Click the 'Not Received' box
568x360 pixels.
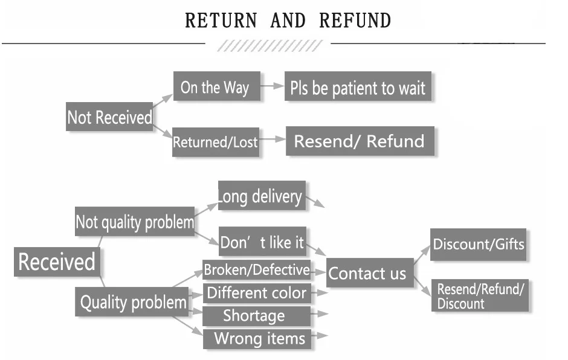pyautogui.click(x=109, y=117)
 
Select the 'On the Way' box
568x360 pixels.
pyautogui.click(x=216, y=86)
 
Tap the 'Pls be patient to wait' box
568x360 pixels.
pyautogui.click(x=358, y=86)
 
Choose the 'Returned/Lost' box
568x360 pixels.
pyautogui.click(x=216, y=142)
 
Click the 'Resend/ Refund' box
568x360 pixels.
pyautogui.click(x=360, y=141)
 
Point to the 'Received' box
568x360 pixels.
pyautogui.click(x=57, y=262)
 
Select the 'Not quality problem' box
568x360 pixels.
pyautogui.click(x=135, y=221)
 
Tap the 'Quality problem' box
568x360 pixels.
pyautogui.click(x=132, y=301)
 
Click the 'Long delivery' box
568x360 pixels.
pyautogui.click(x=262, y=196)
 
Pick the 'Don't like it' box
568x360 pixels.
pyautogui.click(x=263, y=242)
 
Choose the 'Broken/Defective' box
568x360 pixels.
pyautogui.click(x=256, y=270)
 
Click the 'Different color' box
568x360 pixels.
pyautogui.click(x=256, y=293)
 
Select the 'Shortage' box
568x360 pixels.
pyautogui.click(x=256, y=316)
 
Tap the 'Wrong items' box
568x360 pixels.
pyautogui.click(x=257, y=339)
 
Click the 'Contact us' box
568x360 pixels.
pyautogui.click(x=370, y=272)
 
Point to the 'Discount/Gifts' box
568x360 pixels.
pyautogui.click(x=478, y=245)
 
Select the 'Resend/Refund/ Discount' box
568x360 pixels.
pyautogui.click(x=480, y=295)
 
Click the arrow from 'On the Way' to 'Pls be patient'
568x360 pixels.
pyautogui.click(x=272, y=86)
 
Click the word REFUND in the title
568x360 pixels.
pyautogui.click(x=355, y=21)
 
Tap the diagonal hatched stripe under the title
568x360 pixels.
pyautogui.click(x=270, y=46)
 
